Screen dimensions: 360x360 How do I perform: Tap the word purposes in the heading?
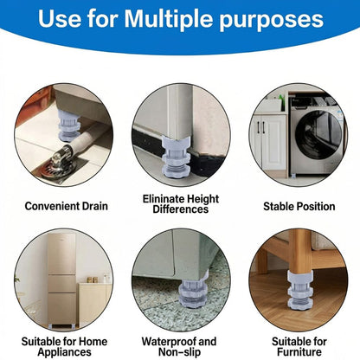(273, 19)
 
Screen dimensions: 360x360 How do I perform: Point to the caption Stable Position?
(298, 206)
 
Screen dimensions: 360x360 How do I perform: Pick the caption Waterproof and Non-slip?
(180, 346)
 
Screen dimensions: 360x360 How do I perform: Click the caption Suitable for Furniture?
(298, 346)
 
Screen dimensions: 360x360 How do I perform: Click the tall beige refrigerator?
(61, 277)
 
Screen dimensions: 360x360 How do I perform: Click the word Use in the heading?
(64, 19)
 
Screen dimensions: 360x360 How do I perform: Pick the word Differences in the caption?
(181, 210)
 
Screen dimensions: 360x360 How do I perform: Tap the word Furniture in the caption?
(298, 352)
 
